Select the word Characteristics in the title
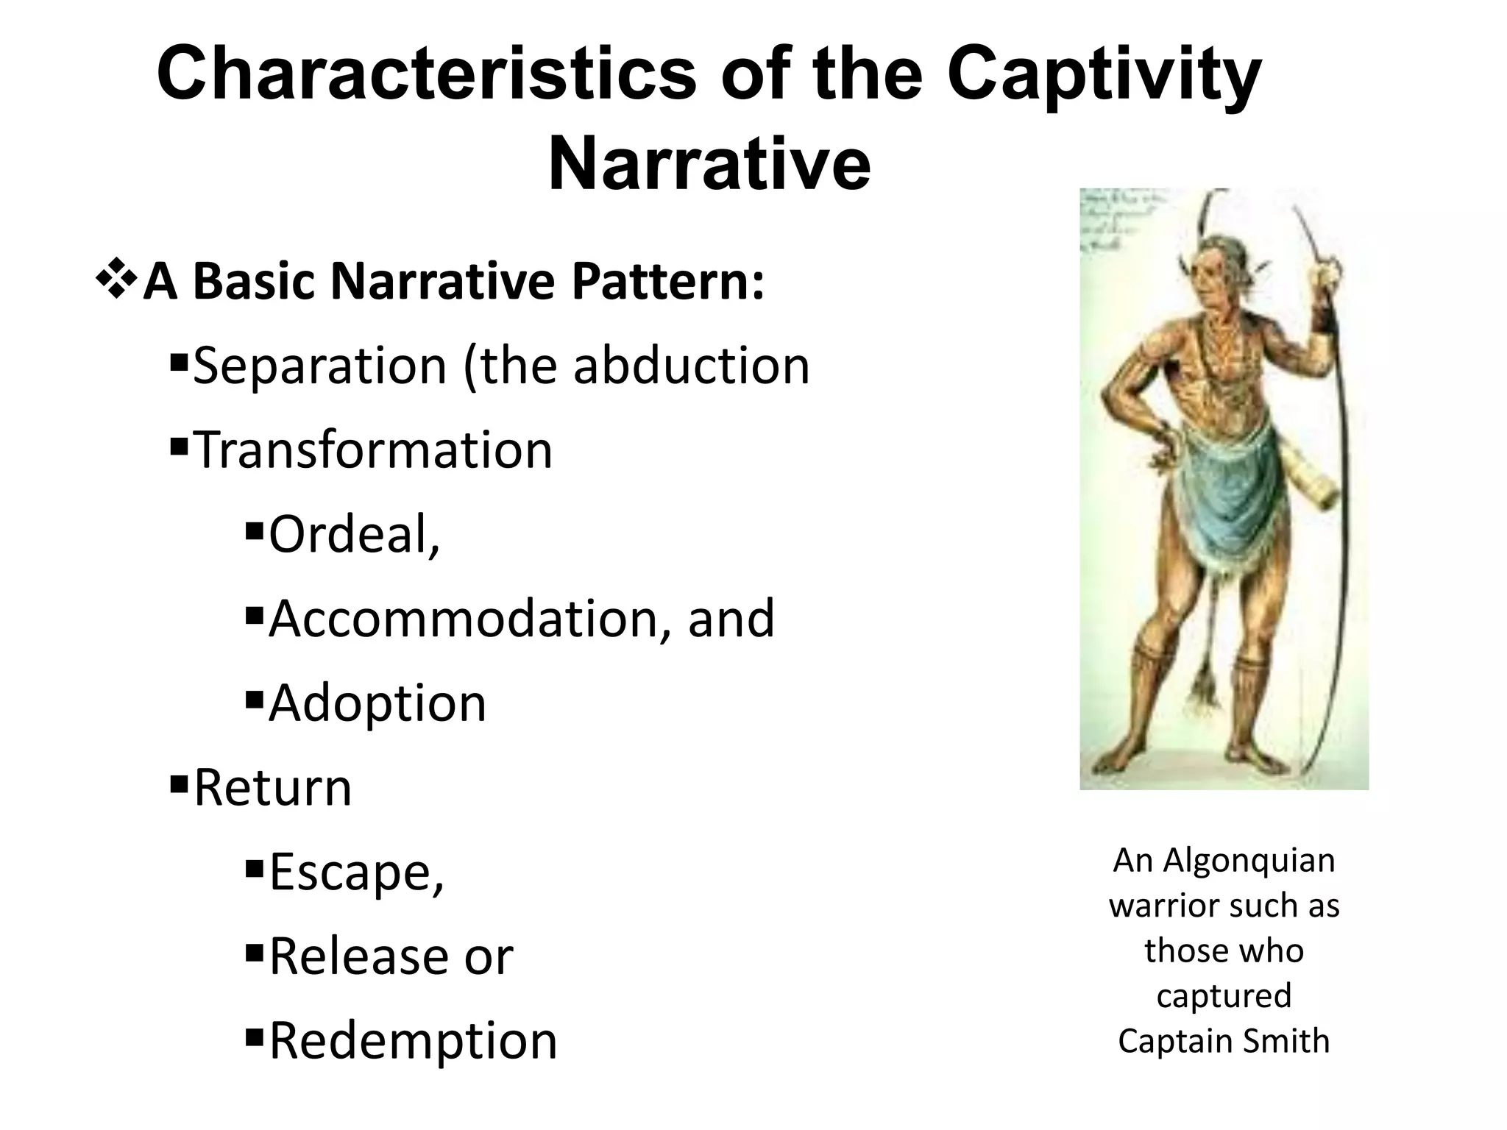click(426, 76)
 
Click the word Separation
click(319, 366)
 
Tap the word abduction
click(691, 366)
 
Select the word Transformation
click(372, 450)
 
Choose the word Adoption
click(377, 704)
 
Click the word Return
click(273, 788)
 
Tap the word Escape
click(356, 873)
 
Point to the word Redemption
click(414, 1042)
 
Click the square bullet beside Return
click(179, 784)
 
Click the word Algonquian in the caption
click(1249, 860)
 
